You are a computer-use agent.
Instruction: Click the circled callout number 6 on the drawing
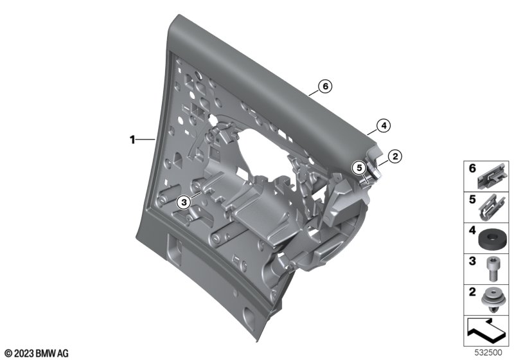[325, 86]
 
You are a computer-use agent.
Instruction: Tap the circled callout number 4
[384, 125]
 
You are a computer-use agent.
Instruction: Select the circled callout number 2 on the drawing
[394, 156]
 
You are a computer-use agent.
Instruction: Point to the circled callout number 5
[359, 168]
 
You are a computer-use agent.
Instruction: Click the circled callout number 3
[184, 203]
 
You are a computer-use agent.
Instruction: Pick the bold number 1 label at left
[132, 140]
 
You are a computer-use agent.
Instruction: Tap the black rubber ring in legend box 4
[491, 239]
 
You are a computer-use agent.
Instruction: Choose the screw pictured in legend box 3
[491, 269]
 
